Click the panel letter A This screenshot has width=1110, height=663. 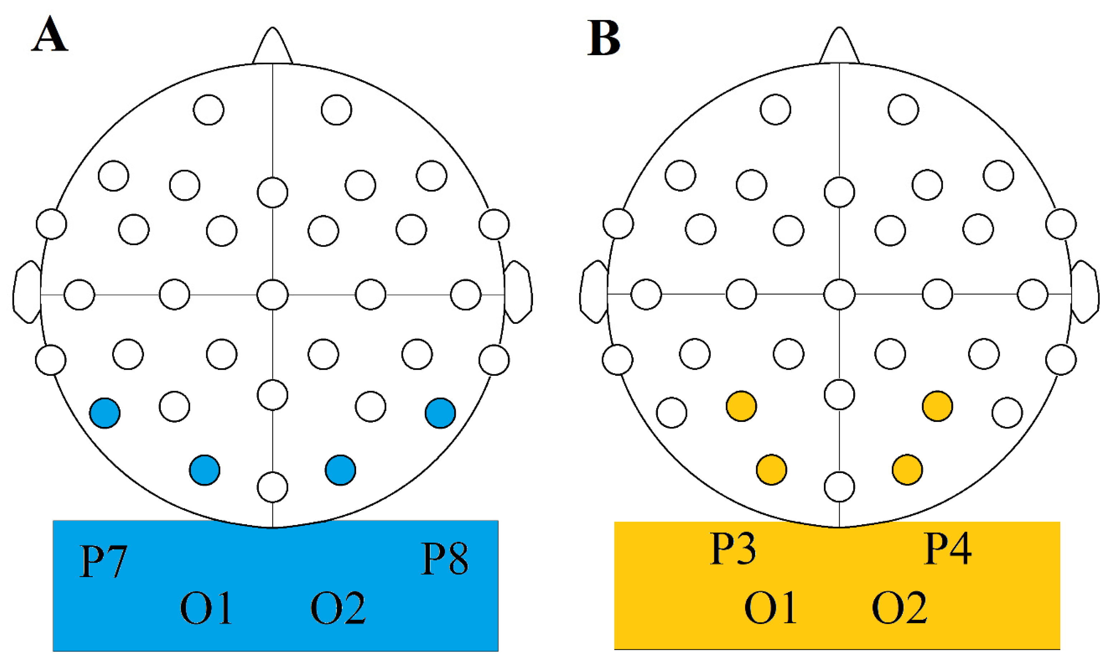click(49, 35)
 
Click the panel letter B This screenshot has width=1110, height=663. click(604, 38)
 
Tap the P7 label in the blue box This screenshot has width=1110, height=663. click(104, 561)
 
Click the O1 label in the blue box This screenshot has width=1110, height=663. click(206, 608)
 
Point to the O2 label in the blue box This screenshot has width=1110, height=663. click(338, 608)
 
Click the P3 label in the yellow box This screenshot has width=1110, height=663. click(733, 549)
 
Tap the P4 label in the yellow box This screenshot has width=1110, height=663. click(947, 549)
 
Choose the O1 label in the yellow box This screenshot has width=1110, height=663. click(770, 607)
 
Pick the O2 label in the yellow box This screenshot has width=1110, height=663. click(900, 607)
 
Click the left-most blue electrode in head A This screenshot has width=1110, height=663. click(105, 413)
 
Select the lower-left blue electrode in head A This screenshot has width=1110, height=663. click(205, 470)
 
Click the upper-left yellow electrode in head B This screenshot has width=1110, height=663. click(741, 406)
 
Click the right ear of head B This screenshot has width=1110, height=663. click(1085, 293)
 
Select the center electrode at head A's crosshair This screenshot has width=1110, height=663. click(273, 295)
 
